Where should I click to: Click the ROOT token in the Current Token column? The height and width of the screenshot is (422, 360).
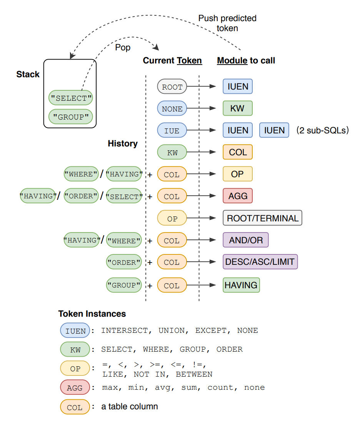172,87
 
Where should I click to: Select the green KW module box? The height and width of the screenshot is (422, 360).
237,108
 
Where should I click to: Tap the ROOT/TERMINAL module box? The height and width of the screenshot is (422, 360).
262,218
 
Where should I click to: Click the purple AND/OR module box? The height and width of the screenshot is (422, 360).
245,240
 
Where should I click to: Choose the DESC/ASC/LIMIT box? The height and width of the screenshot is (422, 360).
260,262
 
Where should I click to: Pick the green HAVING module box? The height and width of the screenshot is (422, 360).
241,285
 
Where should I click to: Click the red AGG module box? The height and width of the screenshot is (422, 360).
238,196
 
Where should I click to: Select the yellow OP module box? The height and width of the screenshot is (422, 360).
237,174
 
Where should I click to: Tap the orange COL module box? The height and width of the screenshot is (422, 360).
238,152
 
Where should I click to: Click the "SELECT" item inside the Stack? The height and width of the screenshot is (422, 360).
71,98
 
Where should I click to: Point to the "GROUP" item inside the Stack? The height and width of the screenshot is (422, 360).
71,116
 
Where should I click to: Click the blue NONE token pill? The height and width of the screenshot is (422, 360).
172,109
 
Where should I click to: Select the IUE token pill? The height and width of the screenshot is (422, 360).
172,131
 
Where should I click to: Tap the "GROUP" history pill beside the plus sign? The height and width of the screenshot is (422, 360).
124,286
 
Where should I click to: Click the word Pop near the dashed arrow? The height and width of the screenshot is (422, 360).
123,48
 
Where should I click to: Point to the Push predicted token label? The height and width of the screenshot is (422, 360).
227,23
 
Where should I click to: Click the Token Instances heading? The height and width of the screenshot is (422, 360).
92,314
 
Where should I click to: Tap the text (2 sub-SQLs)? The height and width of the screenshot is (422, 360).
322,130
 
